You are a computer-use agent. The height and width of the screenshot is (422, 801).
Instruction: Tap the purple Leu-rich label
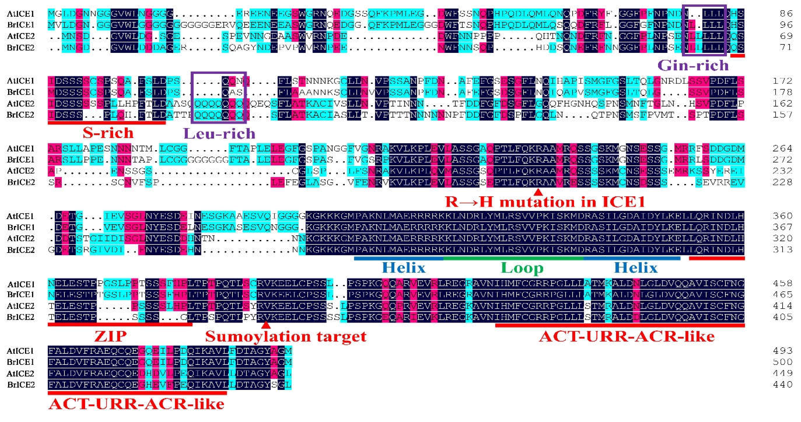pos(219,134)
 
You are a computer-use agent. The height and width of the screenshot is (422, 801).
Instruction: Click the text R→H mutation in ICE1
pos(545,202)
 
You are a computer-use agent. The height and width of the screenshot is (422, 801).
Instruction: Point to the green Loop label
pos(522,268)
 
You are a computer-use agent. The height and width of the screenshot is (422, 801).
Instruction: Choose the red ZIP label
pos(110,336)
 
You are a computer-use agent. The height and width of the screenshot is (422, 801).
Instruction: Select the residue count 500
pos(782,362)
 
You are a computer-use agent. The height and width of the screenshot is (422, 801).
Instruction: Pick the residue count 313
pos(782,250)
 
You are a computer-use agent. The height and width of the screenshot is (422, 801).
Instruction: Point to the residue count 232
pos(782,171)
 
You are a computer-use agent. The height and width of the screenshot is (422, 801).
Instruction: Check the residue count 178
pos(782,92)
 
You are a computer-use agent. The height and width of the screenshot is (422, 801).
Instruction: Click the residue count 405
pos(782,317)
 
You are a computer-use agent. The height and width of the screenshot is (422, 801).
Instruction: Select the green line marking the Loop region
pos(513,258)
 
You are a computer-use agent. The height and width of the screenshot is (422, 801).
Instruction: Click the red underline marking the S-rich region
pos(107,123)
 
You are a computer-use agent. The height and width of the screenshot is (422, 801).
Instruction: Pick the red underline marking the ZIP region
pos(120,325)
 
